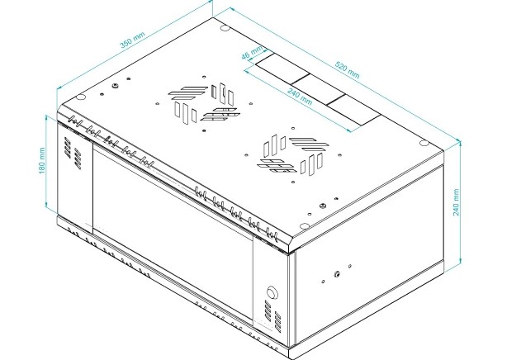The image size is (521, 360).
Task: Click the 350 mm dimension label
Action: pyautogui.click(x=132, y=40)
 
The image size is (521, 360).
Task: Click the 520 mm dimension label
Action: pyautogui.click(x=347, y=70)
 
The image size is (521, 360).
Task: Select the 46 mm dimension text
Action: pyautogui.click(x=252, y=52)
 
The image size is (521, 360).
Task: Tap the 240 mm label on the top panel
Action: pyautogui.click(x=300, y=97)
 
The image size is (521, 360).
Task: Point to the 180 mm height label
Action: pyautogui.click(x=42, y=160)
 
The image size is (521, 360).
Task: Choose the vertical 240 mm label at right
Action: pyautogui.click(x=457, y=202)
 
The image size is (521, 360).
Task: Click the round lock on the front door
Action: pyautogui.click(x=272, y=292)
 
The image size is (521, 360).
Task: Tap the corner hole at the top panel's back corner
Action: pyautogui.click(x=225, y=28)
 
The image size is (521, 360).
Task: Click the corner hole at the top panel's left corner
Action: pyautogui.click(x=81, y=97)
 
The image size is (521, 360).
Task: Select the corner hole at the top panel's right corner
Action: pyautogui.click(x=424, y=143)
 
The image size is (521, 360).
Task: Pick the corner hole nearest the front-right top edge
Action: pyautogui.click(x=304, y=226)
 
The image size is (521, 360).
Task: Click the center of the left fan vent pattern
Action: pyautogui.click(x=204, y=103)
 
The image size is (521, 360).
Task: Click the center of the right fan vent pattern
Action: pyautogui.click(x=293, y=155)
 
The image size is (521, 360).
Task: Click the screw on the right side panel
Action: pyautogui.click(x=337, y=274)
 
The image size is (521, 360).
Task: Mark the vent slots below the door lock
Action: pyautogui.click(x=272, y=316)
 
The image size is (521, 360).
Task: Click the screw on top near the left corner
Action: pyautogui.click(x=115, y=86)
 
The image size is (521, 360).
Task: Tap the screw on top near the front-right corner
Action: pyautogui.click(x=322, y=206)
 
